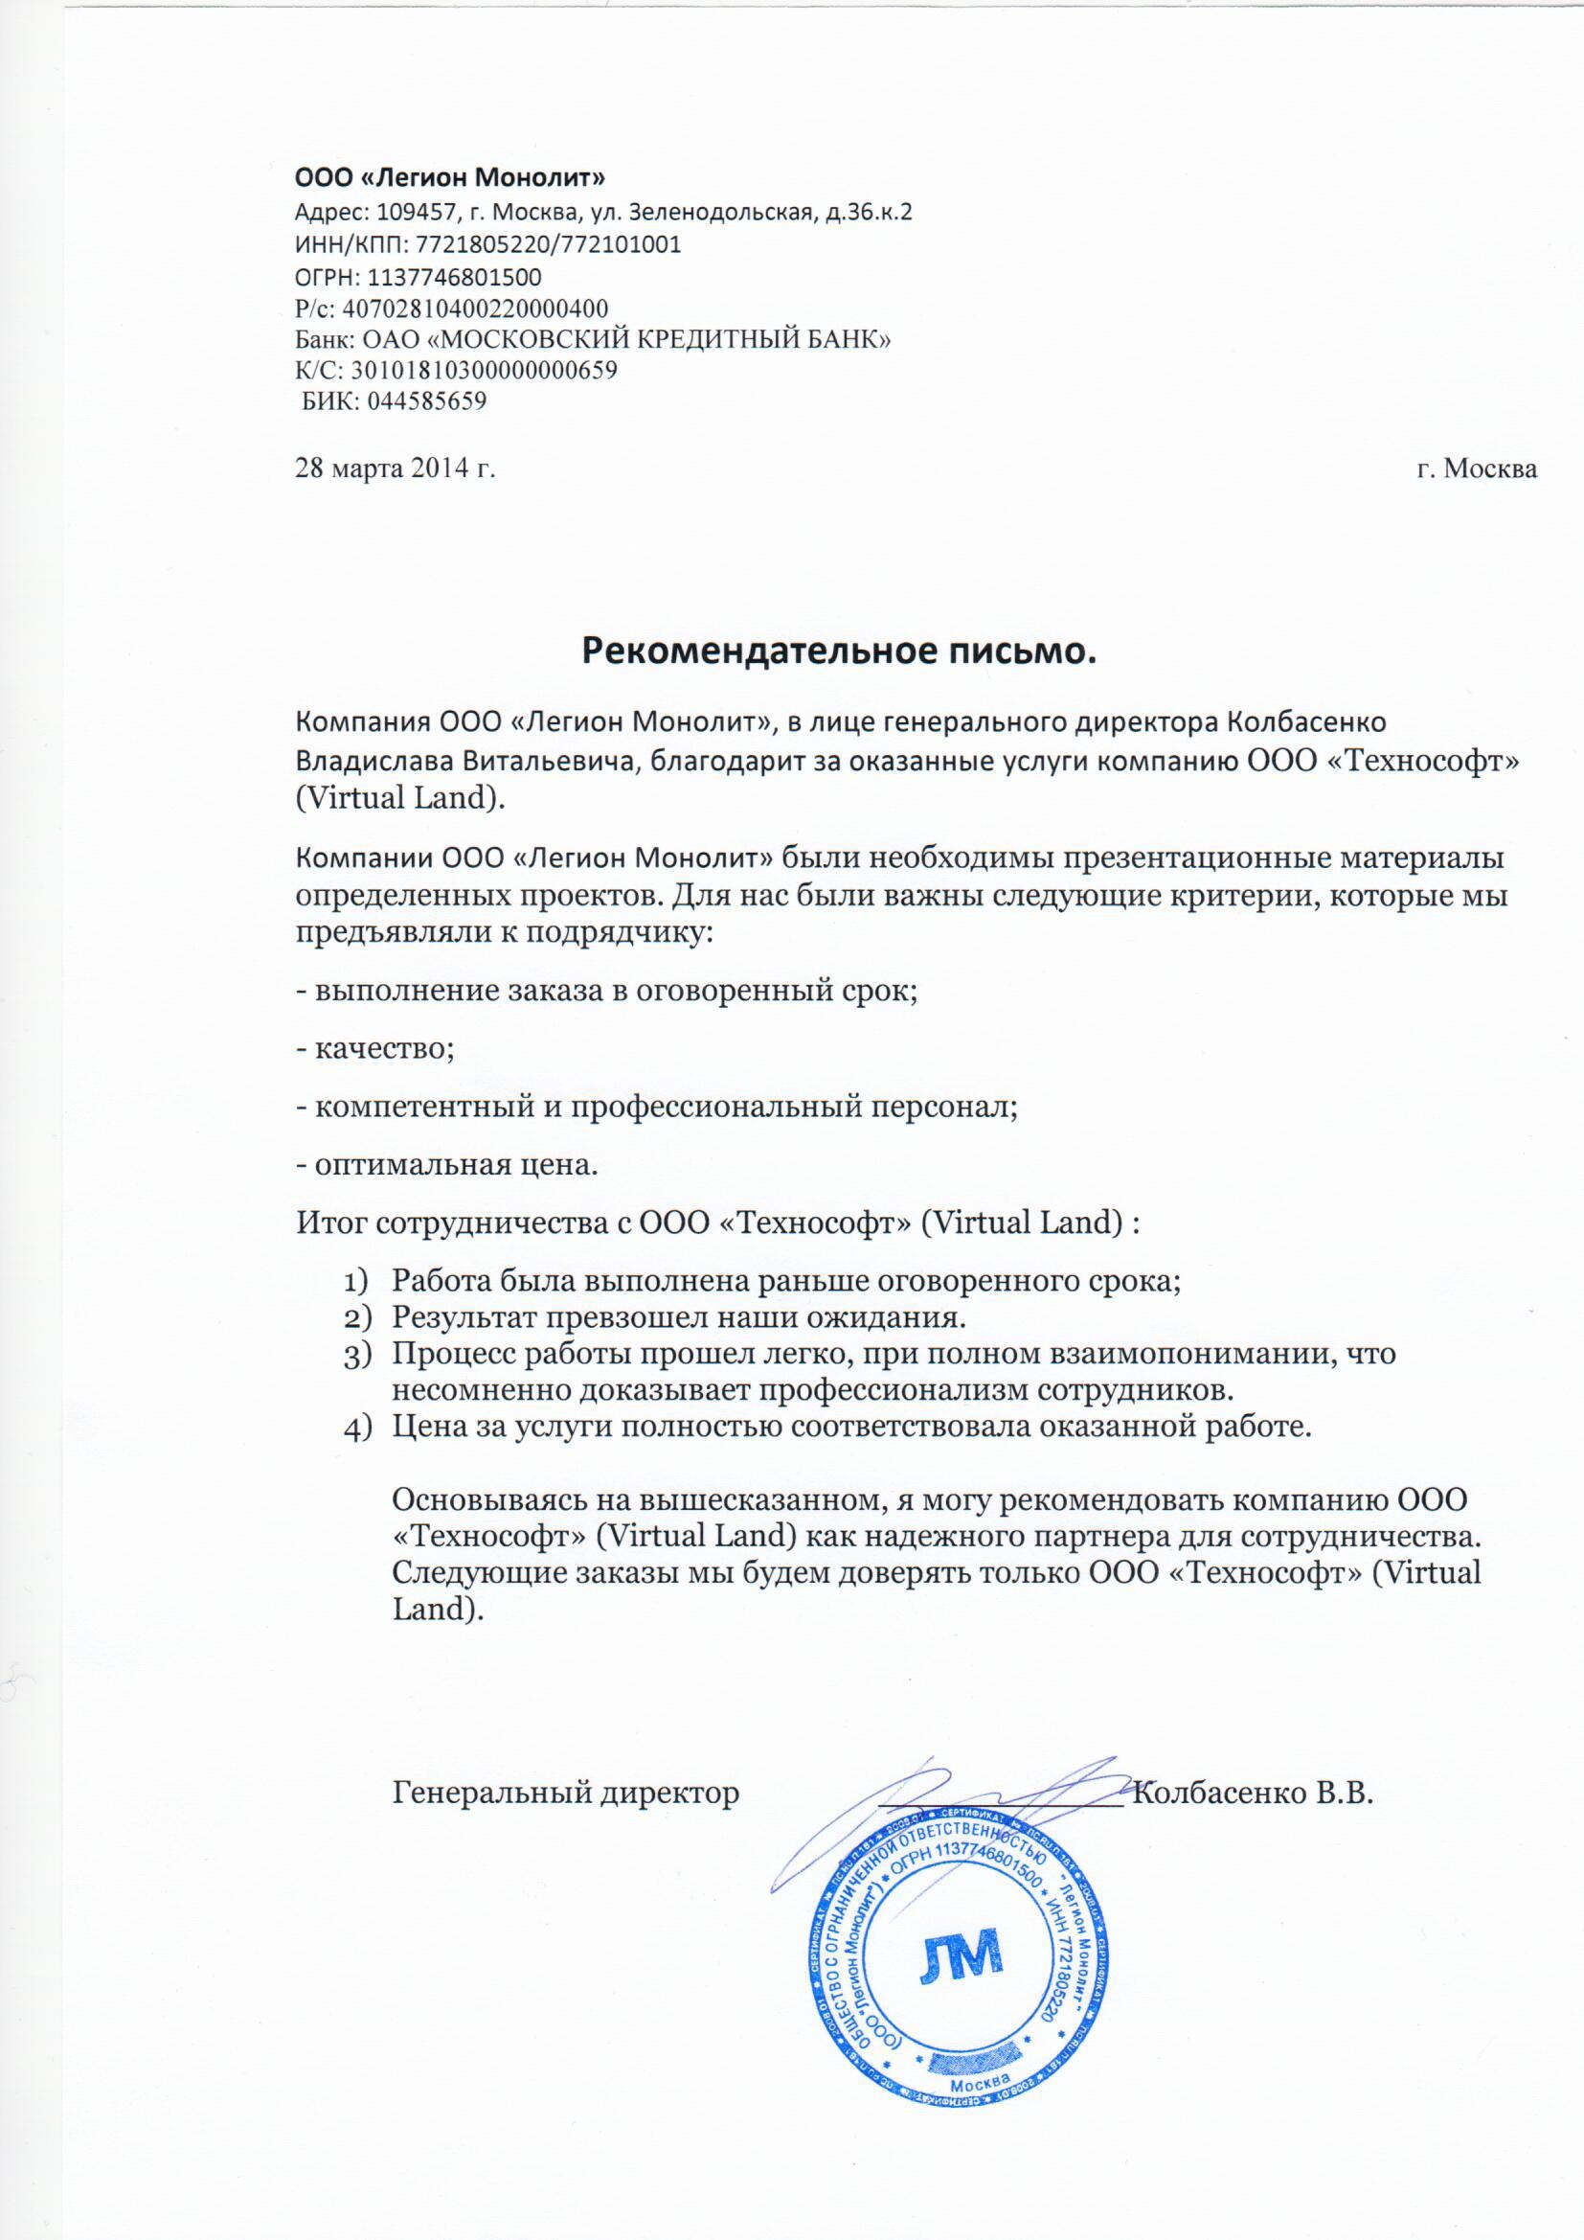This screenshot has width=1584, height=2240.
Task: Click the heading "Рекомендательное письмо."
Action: point(839,650)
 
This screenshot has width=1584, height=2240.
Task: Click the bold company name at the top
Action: point(450,177)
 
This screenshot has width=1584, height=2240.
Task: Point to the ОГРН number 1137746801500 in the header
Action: point(455,278)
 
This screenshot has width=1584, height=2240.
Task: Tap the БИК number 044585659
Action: point(426,401)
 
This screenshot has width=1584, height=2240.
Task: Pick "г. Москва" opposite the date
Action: point(1477,469)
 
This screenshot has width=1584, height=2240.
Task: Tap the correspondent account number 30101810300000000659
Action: point(484,371)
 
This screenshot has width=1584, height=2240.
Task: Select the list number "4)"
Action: point(358,1429)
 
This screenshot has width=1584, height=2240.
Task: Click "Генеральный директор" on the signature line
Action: point(566,1793)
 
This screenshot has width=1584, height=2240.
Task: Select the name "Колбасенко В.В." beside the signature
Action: point(1255,1793)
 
